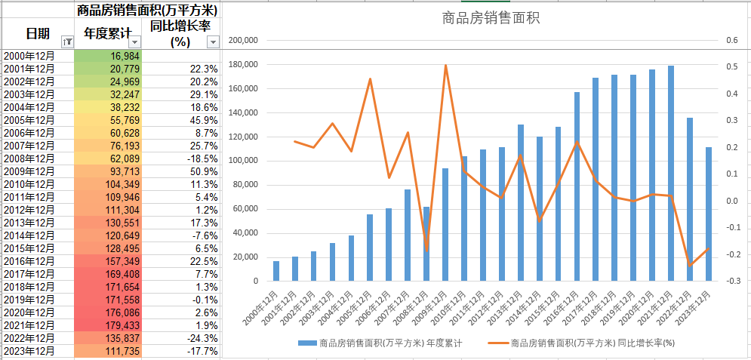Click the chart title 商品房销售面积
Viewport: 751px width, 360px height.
pyautogui.click(x=491, y=18)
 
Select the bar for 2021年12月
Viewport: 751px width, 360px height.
pyautogui.click(x=671, y=174)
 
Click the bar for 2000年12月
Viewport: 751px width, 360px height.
pyautogui.click(x=276, y=272)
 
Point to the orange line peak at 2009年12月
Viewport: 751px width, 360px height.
pyautogui.click(x=445, y=66)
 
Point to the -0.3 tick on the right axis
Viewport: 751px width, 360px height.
pyautogui.click(x=731, y=282)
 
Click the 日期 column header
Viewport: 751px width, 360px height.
pyautogui.click(x=38, y=34)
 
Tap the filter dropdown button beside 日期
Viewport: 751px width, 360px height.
pyautogui.click(x=66, y=42)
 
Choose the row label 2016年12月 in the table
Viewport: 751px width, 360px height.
pyautogui.click(x=29, y=261)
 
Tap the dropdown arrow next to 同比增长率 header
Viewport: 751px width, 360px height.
pyautogui.click(x=213, y=42)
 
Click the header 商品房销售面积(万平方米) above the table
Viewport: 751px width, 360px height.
pyautogui.click(x=147, y=10)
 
